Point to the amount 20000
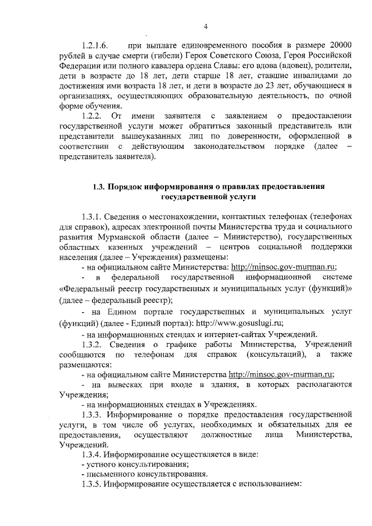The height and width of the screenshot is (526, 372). (x=340, y=45)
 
